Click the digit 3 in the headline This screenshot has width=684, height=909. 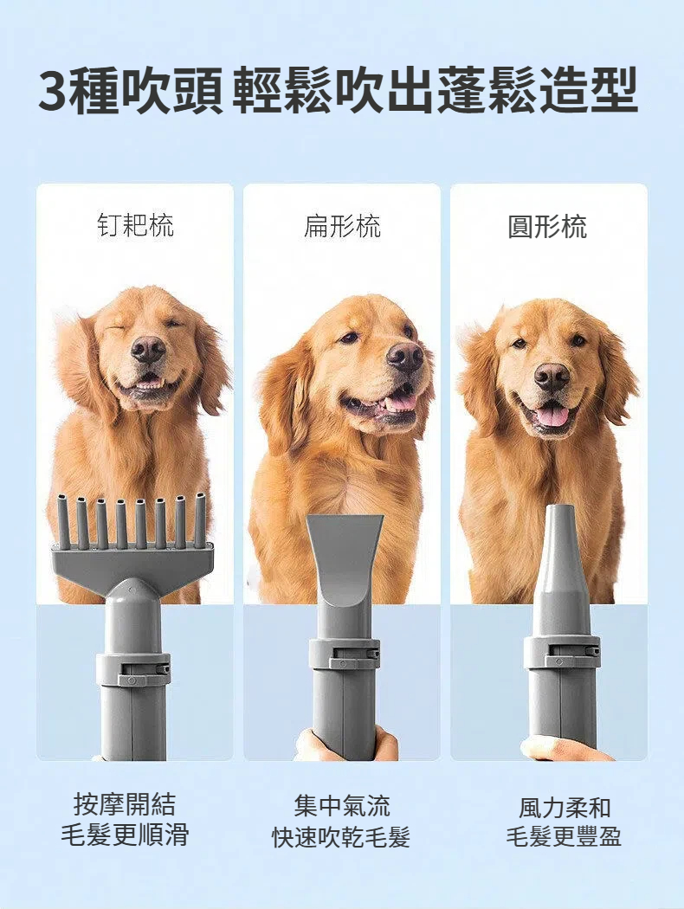(54, 91)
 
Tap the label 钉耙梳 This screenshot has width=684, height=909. (135, 225)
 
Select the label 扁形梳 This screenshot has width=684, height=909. (342, 225)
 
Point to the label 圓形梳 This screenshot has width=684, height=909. (548, 226)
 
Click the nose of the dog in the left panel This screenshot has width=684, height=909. (147, 348)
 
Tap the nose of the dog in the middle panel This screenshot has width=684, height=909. (405, 355)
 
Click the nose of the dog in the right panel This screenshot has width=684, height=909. (552, 377)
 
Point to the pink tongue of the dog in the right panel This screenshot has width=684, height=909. (552, 415)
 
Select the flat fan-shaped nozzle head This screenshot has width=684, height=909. (345, 557)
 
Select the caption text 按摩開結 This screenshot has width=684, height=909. (124, 804)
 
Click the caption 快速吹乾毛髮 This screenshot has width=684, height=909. (341, 837)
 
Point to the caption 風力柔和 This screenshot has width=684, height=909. (565, 807)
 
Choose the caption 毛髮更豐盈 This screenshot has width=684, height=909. (564, 836)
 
